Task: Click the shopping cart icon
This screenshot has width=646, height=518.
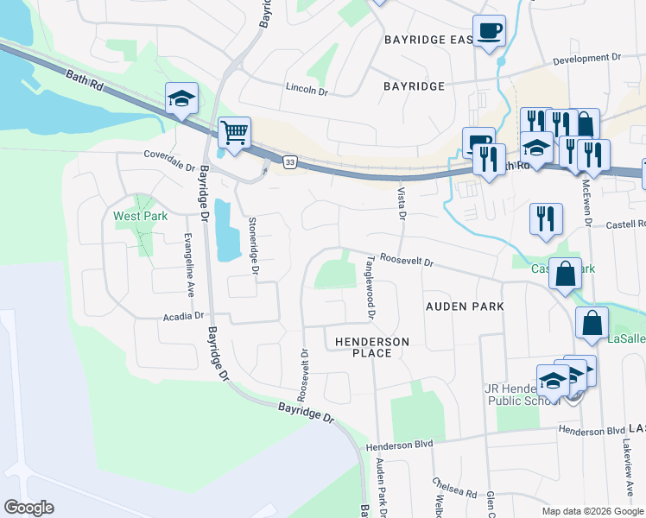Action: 234,134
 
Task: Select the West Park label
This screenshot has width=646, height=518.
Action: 140,216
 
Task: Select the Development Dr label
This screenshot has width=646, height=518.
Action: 586,58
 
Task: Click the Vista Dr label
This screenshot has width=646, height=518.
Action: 402,204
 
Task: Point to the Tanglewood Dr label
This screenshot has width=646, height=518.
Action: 369,286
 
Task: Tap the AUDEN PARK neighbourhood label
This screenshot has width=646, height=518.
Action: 465,306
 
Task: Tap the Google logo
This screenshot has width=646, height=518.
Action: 28,508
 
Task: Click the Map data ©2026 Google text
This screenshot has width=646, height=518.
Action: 592,511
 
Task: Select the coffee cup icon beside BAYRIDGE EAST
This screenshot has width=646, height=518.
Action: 489,31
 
